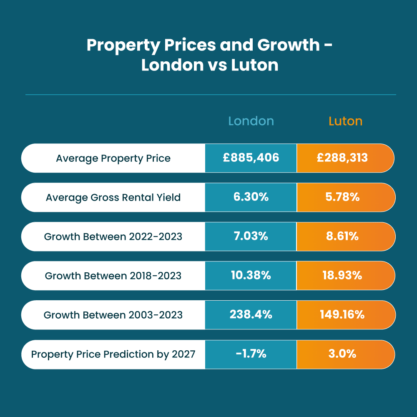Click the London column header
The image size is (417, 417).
point(251,121)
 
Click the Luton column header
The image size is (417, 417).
point(345,121)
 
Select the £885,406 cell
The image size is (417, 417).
point(251,158)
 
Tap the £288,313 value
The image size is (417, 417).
point(342,158)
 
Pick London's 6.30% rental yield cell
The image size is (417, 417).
point(251,197)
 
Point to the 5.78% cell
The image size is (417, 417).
point(342,197)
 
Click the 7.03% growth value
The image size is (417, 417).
point(251,236)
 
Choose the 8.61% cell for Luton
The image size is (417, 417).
point(342,236)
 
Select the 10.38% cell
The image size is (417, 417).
point(251,276)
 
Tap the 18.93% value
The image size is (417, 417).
point(342,276)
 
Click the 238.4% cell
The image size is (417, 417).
point(251,315)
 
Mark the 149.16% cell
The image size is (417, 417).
point(342,315)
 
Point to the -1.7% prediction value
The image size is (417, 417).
point(251,354)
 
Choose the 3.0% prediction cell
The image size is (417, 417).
point(342,354)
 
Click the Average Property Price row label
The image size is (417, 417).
point(113,158)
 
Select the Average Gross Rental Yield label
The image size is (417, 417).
point(113,197)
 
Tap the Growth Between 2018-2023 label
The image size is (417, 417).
point(113,276)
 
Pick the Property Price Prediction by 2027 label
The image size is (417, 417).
point(113,354)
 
